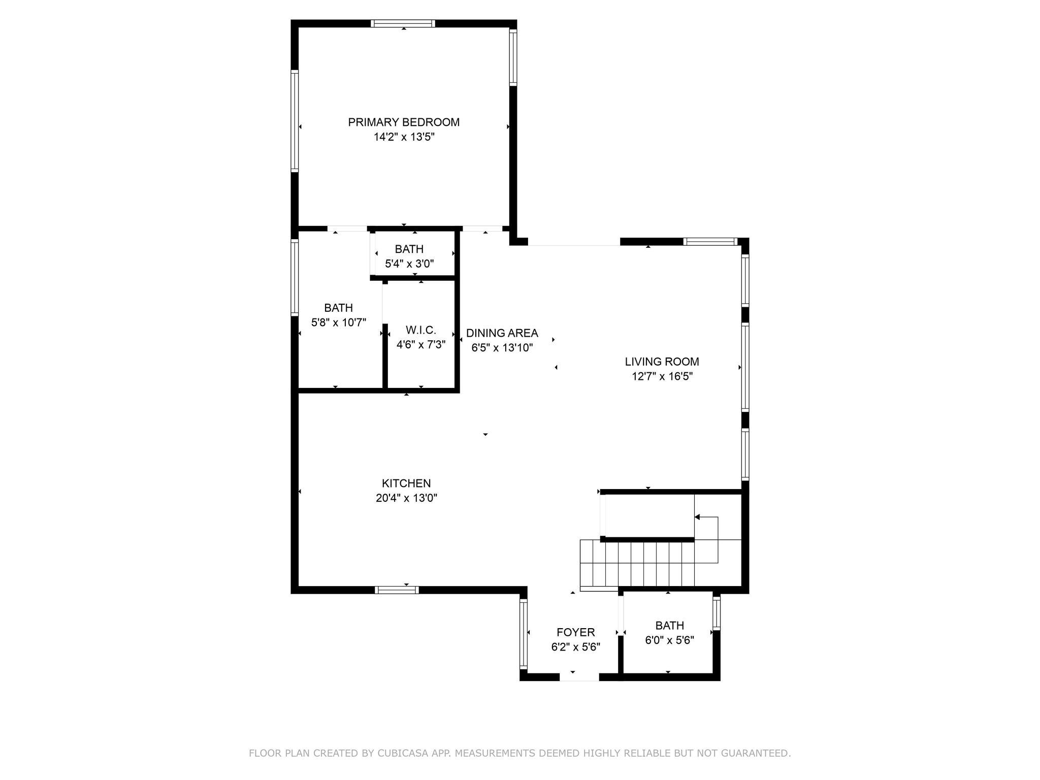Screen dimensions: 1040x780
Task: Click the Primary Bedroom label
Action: click(x=404, y=122)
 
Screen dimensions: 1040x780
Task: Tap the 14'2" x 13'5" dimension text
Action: click(x=404, y=137)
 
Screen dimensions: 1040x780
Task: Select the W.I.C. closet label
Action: click(x=421, y=330)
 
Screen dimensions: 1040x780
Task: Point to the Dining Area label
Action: click(x=502, y=333)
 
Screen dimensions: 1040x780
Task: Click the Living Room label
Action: click(x=662, y=362)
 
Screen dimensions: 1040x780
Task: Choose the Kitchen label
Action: click(x=406, y=483)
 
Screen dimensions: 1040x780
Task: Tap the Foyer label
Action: click(x=576, y=632)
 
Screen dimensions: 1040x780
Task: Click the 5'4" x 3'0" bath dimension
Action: click(x=409, y=264)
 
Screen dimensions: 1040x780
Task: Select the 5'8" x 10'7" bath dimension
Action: click(x=339, y=322)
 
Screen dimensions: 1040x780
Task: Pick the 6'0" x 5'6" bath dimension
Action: click(x=670, y=640)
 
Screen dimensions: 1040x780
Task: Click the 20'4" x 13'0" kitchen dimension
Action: click(x=406, y=498)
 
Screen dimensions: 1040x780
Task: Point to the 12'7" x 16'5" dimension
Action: click(x=662, y=376)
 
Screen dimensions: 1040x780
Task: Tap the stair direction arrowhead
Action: click(x=697, y=517)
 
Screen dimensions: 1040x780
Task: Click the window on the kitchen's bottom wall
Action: click(x=397, y=590)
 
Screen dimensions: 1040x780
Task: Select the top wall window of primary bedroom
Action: click(x=403, y=23)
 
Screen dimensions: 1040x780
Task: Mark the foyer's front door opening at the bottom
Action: click(x=579, y=677)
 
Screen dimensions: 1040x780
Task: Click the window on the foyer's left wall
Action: click(x=524, y=633)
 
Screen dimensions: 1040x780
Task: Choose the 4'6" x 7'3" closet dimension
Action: click(x=421, y=345)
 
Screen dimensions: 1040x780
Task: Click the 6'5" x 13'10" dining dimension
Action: click(x=502, y=348)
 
